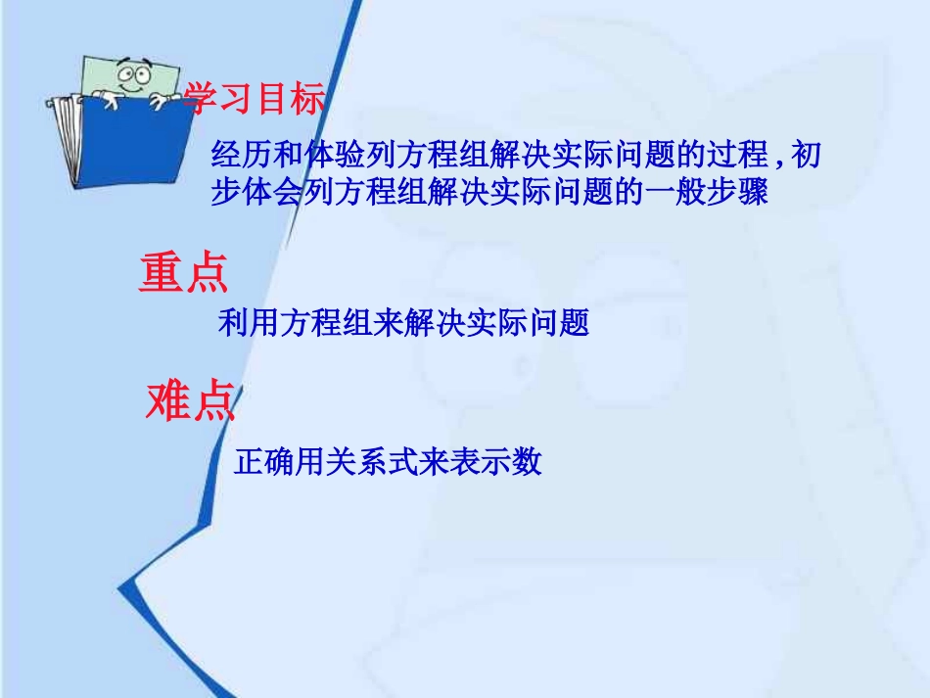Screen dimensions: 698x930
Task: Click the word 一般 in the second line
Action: [672, 192]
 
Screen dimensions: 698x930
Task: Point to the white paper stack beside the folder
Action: [66, 137]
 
